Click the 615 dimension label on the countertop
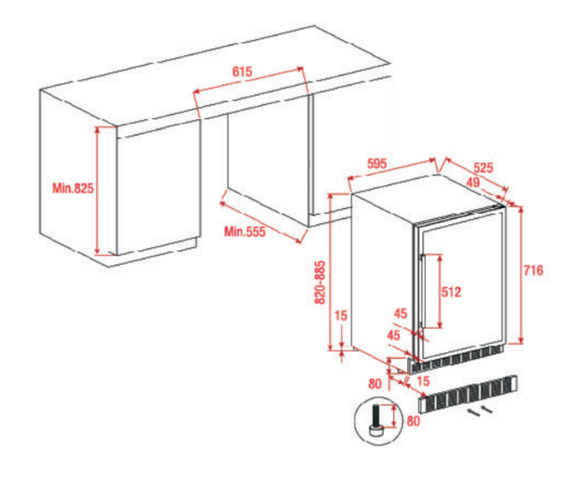(x=242, y=72)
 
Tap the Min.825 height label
(x=73, y=188)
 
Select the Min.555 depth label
(x=244, y=231)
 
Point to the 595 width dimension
(x=376, y=164)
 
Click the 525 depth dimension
(x=483, y=168)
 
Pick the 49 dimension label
(x=473, y=182)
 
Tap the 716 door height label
(x=533, y=270)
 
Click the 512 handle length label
(x=451, y=292)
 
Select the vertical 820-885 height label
(x=320, y=282)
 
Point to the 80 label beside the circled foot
(x=414, y=420)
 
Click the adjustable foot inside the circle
(x=376, y=420)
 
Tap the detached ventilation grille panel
(x=468, y=394)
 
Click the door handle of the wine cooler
(x=423, y=292)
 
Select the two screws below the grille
(x=480, y=411)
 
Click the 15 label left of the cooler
(x=341, y=315)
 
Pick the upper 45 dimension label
(x=401, y=314)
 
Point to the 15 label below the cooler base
(x=423, y=381)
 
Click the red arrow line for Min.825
(x=97, y=190)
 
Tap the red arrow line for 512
(x=440, y=291)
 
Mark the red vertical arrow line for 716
(x=520, y=275)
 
